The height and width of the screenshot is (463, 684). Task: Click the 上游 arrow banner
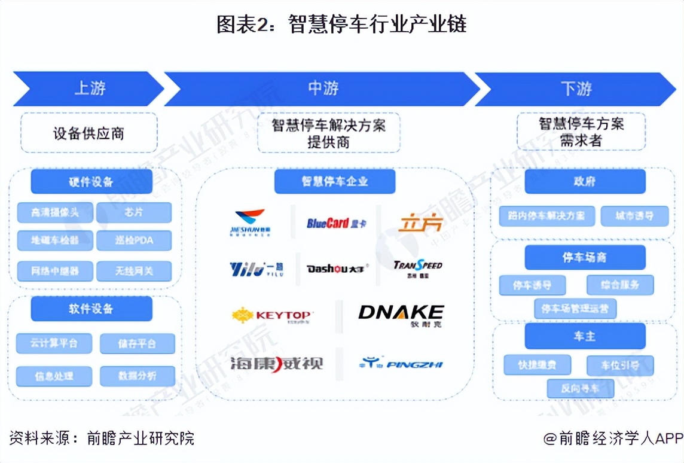point(88,89)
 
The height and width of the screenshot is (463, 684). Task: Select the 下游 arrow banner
point(575,89)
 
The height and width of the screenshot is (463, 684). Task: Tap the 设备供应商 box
point(89,132)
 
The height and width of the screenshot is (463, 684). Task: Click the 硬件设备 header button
point(91,181)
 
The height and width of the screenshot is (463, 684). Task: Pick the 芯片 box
point(134,212)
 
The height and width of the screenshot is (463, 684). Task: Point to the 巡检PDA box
point(134,240)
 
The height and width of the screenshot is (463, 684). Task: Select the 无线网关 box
point(134,271)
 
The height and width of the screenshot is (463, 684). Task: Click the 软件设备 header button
point(91,309)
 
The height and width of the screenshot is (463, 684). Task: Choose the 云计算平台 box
point(54,343)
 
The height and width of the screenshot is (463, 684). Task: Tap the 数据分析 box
point(138,376)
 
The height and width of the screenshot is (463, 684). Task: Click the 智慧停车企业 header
point(335,181)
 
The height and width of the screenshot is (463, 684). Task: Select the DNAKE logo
point(401,314)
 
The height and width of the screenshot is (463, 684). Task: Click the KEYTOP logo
point(272,315)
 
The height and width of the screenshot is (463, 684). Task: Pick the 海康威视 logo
point(276,363)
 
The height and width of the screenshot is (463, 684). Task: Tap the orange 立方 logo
point(421,223)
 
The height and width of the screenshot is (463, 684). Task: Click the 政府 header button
point(585,181)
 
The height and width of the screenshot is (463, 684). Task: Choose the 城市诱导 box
point(634,216)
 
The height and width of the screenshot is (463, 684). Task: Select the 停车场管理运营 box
point(575,309)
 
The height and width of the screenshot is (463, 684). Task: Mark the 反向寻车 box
point(580,388)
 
